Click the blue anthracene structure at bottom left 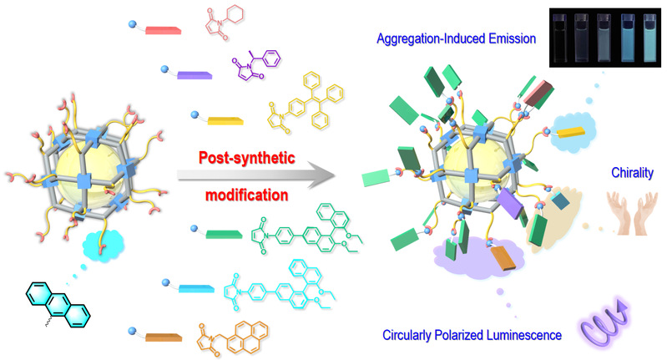53,305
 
